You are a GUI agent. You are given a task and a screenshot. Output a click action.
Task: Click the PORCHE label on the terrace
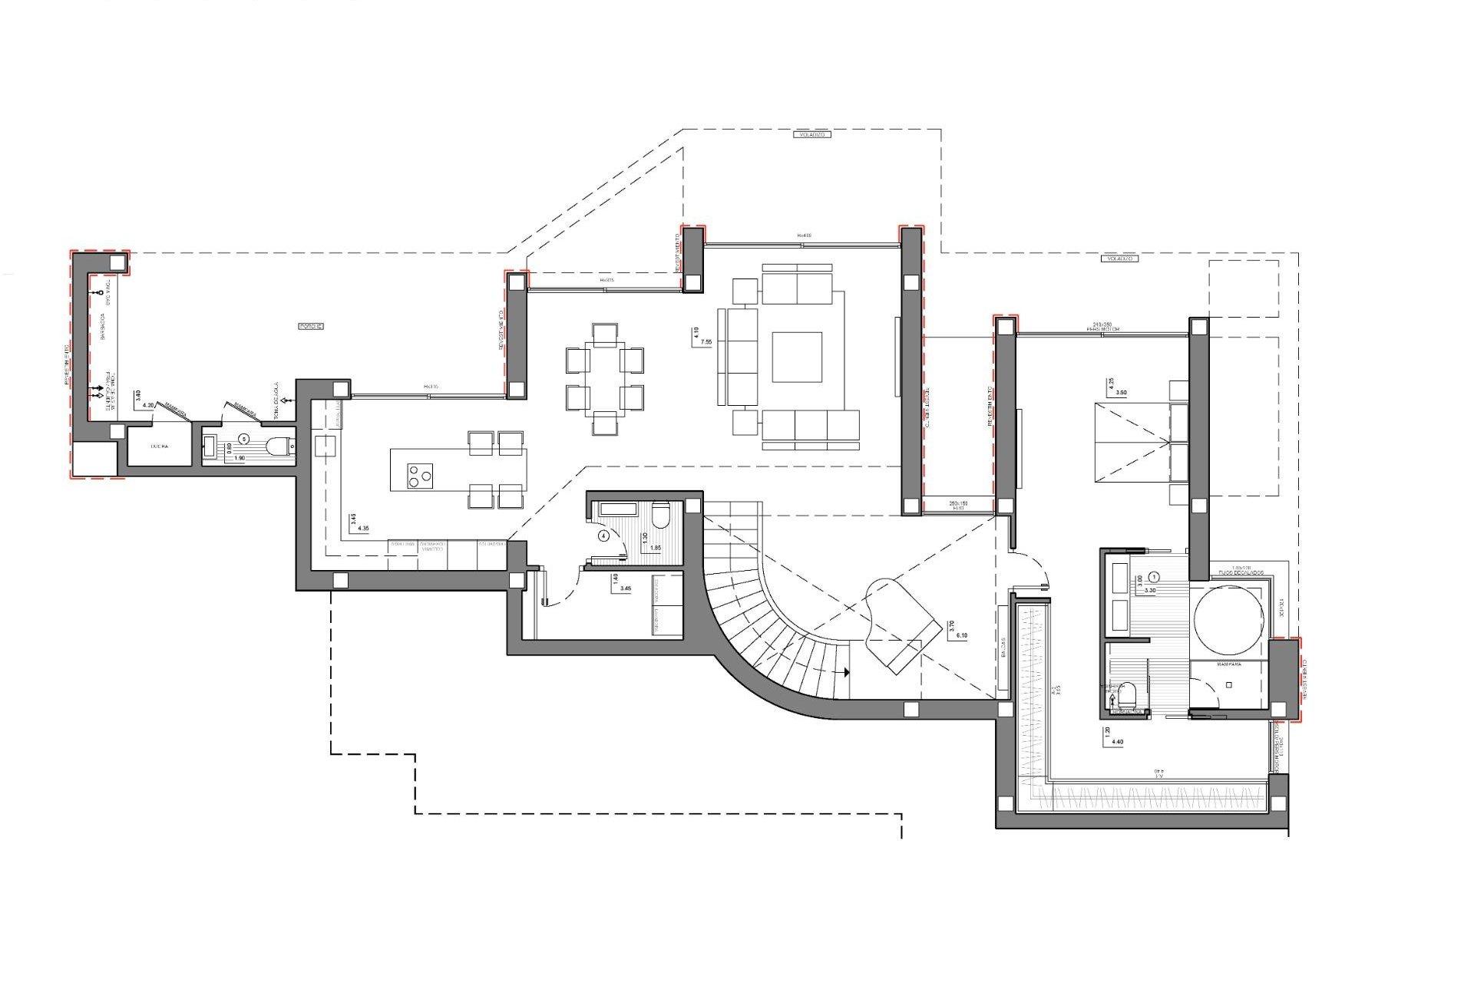[x=310, y=326]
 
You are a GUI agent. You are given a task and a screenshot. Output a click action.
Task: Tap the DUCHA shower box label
[x=160, y=446]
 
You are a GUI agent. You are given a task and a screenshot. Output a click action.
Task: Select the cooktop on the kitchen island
[x=419, y=475]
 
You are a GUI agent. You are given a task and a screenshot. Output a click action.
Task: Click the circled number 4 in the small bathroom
[x=603, y=536]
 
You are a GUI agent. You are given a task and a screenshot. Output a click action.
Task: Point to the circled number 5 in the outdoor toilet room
[x=244, y=439]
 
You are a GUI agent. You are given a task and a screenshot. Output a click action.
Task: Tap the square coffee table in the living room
[x=797, y=357]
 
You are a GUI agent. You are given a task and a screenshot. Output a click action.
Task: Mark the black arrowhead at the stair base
[x=846, y=673]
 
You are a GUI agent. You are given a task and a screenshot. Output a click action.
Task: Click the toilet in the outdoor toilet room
[x=279, y=446]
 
